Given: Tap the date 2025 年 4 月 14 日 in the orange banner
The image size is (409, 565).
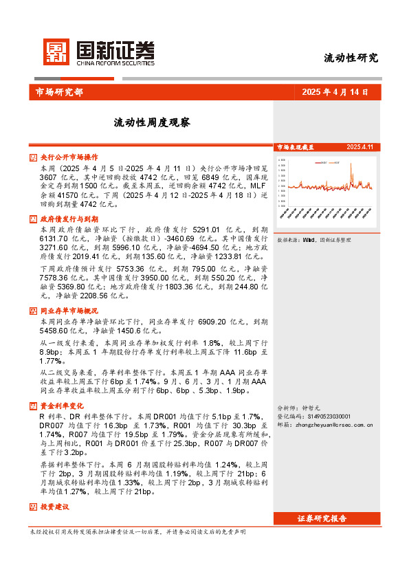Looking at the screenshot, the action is click(335, 92).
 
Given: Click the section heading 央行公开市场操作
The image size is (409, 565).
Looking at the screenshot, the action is click(69, 157).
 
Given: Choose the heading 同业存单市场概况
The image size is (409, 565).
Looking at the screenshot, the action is click(69, 311).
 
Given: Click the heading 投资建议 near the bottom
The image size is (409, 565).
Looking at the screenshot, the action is click(54, 507).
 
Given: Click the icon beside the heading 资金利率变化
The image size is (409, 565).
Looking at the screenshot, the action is click(33, 406).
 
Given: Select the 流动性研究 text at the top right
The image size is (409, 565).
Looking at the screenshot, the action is click(351, 58).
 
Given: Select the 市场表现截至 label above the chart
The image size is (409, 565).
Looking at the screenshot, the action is click(295, 147).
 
